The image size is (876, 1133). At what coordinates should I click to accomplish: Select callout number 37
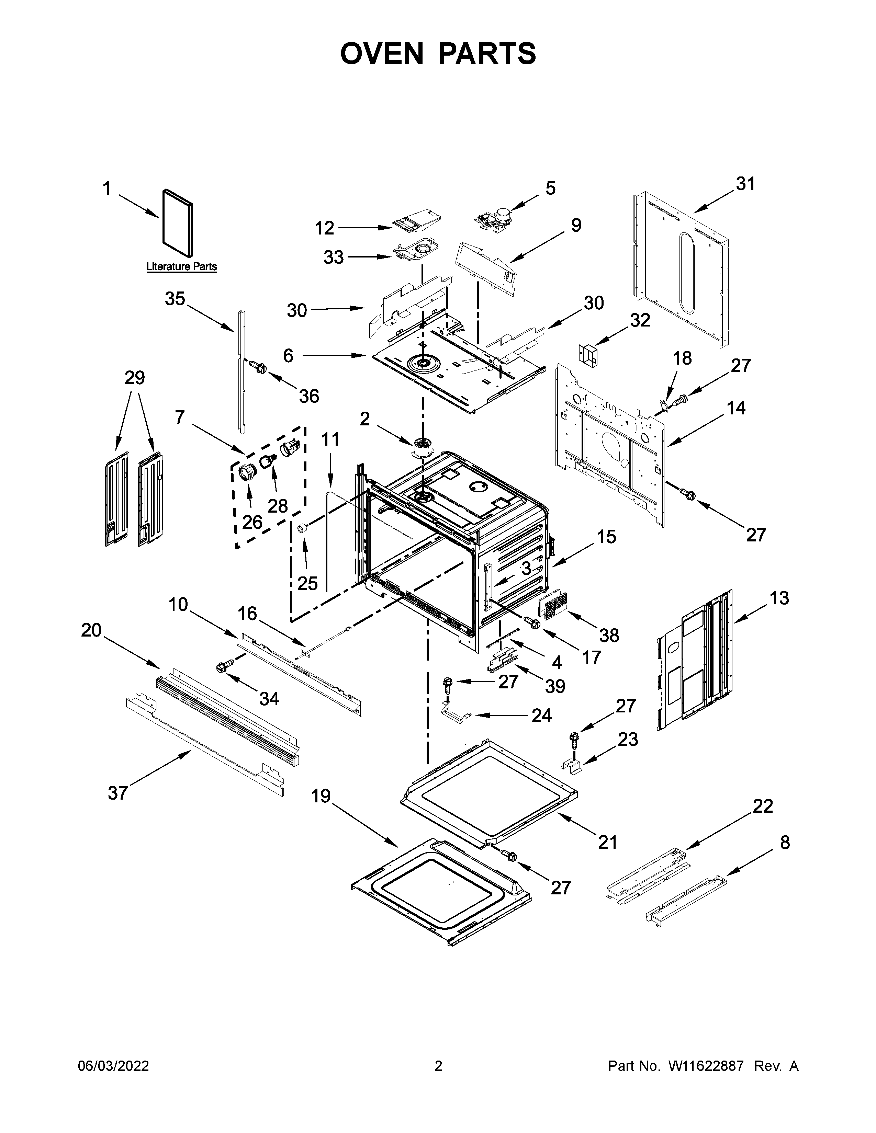118,793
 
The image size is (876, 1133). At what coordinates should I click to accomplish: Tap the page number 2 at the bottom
438,1066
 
